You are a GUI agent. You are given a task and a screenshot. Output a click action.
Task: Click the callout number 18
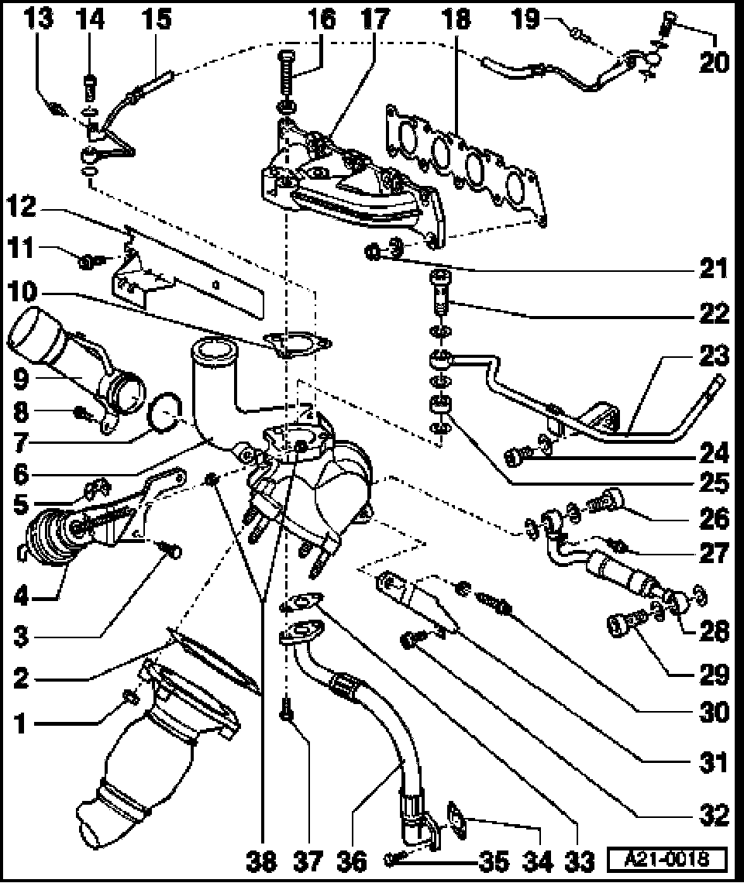456,19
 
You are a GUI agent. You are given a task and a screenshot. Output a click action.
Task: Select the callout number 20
713,62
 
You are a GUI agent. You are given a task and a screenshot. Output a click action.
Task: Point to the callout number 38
261,861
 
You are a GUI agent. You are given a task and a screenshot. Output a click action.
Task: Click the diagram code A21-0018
667,860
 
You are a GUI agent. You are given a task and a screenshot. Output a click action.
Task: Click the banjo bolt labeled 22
439,294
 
